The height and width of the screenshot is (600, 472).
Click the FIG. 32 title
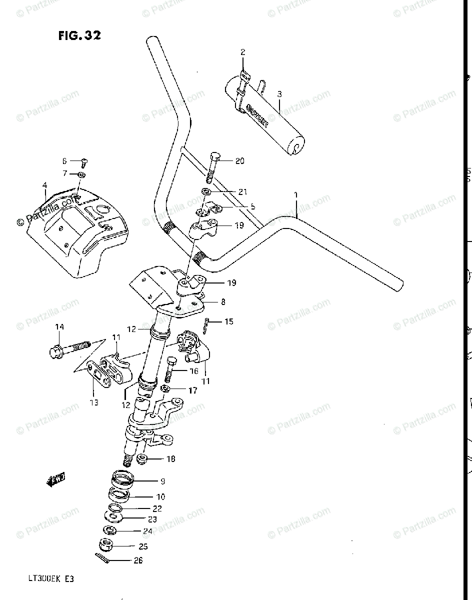click(79, 35)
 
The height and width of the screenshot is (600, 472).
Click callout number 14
click(59, 327)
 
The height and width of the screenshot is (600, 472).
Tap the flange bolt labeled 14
click(70, 347)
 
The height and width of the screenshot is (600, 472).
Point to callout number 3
click(279, 93)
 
